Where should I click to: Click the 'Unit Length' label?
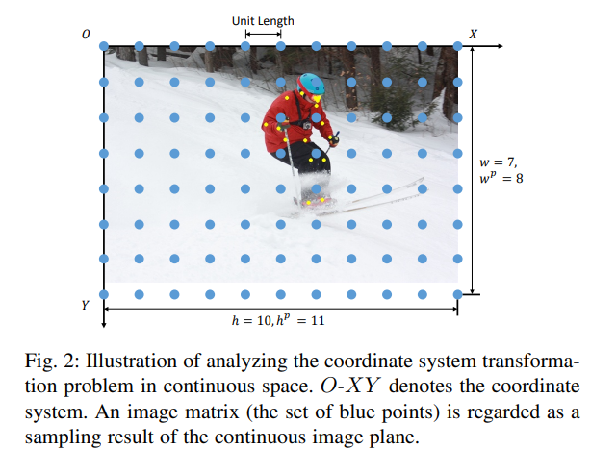(263, 21)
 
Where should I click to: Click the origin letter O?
(86, 35)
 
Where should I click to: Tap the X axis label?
(473, 35)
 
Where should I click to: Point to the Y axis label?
(86, 305)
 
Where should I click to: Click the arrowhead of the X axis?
(500, 46)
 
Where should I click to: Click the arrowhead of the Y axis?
(104, 325)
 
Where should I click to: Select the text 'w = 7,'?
(498, 162)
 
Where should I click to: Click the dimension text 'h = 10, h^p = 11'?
(278, 320)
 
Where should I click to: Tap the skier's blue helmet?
(311, 84)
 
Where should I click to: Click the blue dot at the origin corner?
(104, 46)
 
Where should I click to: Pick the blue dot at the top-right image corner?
(457, 46)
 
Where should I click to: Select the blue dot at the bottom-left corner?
(104, 294)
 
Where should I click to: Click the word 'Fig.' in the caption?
(41, 362)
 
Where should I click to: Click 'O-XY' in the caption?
(349, 387)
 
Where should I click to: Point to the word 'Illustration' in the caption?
(131, 361)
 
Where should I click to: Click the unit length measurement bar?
(263, 35)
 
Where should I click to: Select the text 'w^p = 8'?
(501, 178)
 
